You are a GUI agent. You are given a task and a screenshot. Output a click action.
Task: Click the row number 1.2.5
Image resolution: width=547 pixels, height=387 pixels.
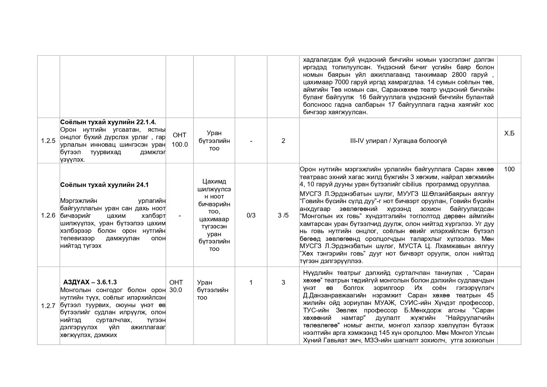pos(48,141)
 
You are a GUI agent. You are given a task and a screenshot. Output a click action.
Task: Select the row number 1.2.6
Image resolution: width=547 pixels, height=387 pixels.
pos(48,215)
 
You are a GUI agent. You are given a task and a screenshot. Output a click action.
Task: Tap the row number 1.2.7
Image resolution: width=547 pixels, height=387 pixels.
pos(48,306)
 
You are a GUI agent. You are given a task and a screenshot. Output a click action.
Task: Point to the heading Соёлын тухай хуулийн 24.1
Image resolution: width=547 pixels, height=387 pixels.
pos(104,185)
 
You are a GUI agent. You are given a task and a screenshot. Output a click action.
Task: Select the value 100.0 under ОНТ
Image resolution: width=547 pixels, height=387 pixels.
pos(180,145)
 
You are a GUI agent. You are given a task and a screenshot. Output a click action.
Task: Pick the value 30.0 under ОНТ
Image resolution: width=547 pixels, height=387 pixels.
pos(176,290)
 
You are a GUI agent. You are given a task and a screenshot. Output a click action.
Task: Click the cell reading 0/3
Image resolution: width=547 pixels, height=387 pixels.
pos(251,215)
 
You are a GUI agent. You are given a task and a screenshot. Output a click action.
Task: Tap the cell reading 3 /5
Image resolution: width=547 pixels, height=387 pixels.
pos(283,215)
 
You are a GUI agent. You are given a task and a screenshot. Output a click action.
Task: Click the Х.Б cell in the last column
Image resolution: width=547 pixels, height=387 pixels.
pos(509,134)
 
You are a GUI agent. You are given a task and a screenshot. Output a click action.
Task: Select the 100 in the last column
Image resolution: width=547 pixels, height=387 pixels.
pos(509,169)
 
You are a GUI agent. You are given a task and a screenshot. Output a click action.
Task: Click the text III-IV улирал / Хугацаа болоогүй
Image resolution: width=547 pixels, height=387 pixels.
pos(398,141)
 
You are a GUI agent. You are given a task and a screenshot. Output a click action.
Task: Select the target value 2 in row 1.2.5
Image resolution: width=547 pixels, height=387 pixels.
pos(283,141)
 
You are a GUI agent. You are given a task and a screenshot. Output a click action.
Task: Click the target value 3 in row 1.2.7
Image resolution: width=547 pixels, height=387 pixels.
pos(283,282)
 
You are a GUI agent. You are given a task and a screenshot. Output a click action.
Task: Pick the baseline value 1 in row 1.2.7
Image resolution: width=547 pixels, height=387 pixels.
pos(251,282)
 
